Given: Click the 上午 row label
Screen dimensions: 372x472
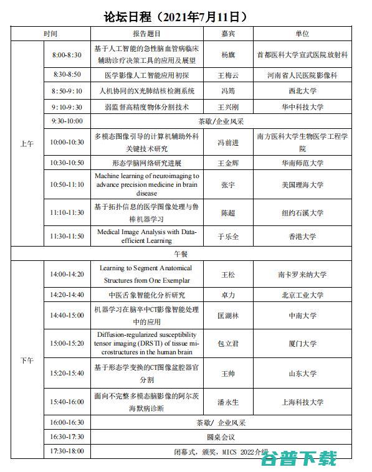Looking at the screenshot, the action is [27, 143].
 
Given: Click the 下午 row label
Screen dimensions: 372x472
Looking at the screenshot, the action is [27, 360].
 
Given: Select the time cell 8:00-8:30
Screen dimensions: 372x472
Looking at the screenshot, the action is [67, 55].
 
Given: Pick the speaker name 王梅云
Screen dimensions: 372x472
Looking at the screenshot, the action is [229, 75].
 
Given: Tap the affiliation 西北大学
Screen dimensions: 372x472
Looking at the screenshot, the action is [302, 91].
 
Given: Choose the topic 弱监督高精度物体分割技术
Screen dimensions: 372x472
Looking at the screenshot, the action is [147, 106].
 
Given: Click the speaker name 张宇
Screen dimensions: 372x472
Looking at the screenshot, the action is [229, 185].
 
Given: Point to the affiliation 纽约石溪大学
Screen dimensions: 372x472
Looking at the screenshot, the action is [302, 213].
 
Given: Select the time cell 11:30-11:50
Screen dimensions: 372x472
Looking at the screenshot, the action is [67, 236].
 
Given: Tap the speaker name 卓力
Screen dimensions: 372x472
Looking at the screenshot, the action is [229, 295].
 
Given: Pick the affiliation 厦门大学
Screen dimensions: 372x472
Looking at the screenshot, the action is [302, 343].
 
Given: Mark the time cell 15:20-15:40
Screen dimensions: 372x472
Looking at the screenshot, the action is [67, 374].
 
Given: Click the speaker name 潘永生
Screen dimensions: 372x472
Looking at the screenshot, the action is [229, 402].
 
